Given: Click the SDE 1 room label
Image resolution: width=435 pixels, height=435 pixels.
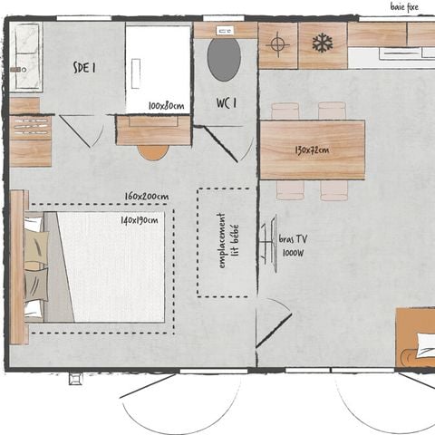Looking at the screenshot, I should tap(85, 66).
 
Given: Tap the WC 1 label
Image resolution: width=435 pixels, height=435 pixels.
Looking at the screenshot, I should tap(226, 102).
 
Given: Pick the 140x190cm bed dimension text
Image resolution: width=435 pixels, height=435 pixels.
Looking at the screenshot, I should tap(139, 219).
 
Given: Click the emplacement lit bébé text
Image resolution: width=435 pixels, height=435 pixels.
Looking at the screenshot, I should tap(227, 242).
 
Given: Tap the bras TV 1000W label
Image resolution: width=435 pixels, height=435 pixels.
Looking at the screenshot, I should tap(293, 244).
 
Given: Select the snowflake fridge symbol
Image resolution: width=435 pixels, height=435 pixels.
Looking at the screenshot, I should tap(322, 43).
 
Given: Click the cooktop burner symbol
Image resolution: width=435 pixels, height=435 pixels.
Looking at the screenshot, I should tap(279, 43).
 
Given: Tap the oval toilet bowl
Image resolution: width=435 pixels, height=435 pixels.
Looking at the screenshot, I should tap(224, 60).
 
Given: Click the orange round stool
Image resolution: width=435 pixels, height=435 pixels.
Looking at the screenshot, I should tap(152, 150).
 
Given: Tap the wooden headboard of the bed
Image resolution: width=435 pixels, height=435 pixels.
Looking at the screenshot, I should tap(18, 266).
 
